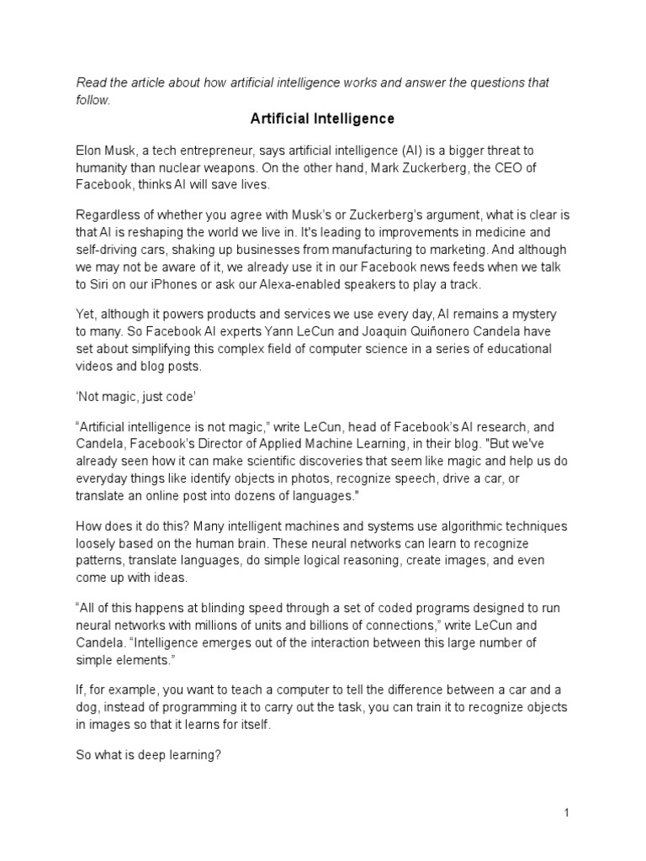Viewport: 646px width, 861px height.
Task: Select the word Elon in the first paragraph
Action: click(89, 151)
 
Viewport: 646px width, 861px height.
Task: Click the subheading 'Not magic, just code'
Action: click(133, 393)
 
